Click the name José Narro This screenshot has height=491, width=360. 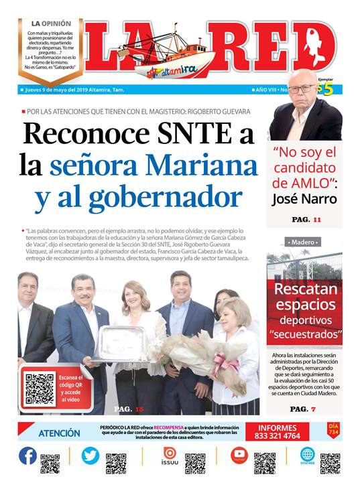point(304,198)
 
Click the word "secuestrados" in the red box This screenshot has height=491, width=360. point(305,333)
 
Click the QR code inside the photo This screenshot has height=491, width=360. point(39,387)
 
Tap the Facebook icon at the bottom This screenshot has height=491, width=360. point(27,456)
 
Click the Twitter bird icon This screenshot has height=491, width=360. point(90,456)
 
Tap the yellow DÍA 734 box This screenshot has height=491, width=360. point(333,430)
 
